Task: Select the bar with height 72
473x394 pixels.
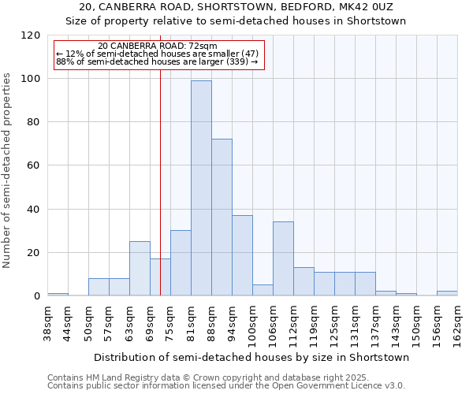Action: pyautogui.click(x=222, y=217)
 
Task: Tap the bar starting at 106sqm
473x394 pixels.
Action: pyautogui.click(x=283, y=258)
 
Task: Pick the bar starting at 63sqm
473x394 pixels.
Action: pyautogui.click(x=140, y=268)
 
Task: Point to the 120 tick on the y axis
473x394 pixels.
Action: pyautogui.click(x=32, y=35)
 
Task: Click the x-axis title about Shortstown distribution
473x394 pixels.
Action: pyautogui.click(x=251, y=357)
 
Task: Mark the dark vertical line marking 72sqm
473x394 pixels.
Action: pyautogui.click(x=160, y=197)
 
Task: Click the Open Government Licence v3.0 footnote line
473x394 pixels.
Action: pyautogui.click(x=226, y=385)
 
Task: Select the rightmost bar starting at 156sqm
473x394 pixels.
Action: pyautogui.click(x=447, y=293)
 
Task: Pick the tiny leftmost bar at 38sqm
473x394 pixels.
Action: pyautogui.click(x=58, y=294)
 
